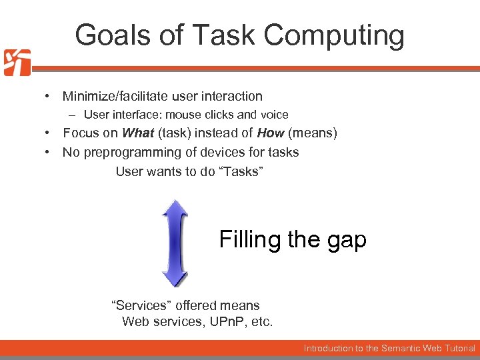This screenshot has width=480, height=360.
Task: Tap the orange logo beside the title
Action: coord(16,62)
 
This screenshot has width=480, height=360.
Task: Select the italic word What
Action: coord(138,133)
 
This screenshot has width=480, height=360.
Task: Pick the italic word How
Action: coord(271,133)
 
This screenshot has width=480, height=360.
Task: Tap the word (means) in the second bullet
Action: coord(313,133)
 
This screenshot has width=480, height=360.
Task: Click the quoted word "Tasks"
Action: coord(241,171)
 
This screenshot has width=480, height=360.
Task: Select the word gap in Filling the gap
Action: coord(347,239)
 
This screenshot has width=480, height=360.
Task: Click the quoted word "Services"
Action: coord(141,305)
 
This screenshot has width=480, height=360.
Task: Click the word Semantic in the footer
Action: coord(403,348)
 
